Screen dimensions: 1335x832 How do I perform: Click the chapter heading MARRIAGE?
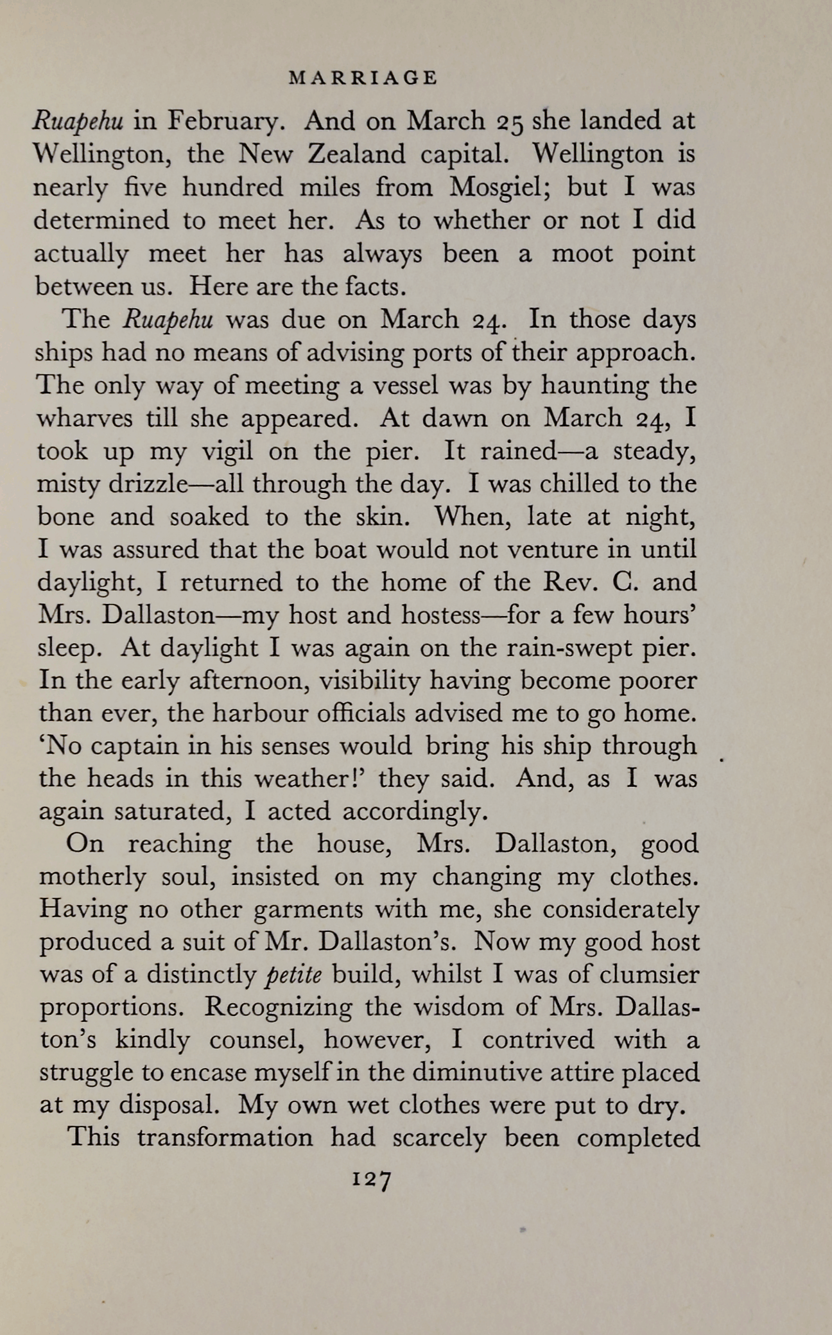tap(363, 78)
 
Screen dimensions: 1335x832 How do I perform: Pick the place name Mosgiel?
tap(497, 187)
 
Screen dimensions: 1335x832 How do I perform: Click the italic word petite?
tap(293, 975)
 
